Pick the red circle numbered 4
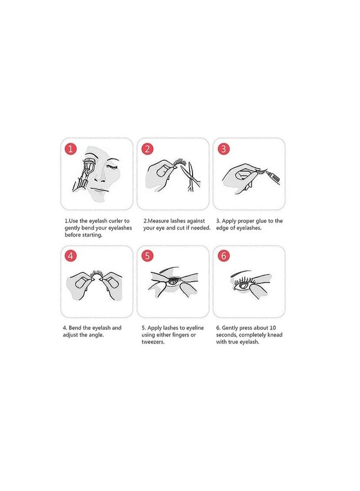(x=71, y=256)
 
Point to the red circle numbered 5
(x=147, y=256)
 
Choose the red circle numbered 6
(x=223, y=256)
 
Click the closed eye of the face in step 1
(x=111, y=167)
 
